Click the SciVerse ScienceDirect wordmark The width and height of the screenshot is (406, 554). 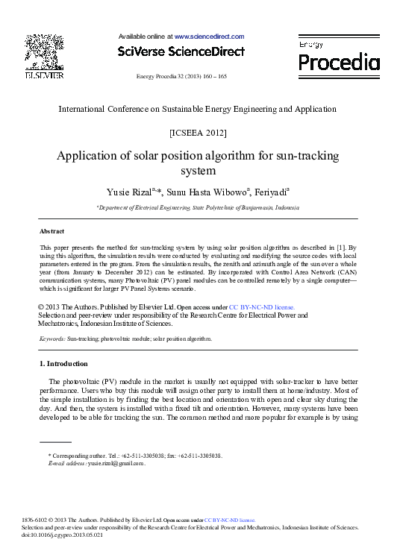coord(181,51)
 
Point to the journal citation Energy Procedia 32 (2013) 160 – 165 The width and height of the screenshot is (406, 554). coord(181,77)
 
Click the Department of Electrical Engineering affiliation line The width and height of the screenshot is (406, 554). coord(198,208)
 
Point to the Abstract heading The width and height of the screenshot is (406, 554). coord(51,231)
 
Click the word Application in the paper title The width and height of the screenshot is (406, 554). coord(90,157)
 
